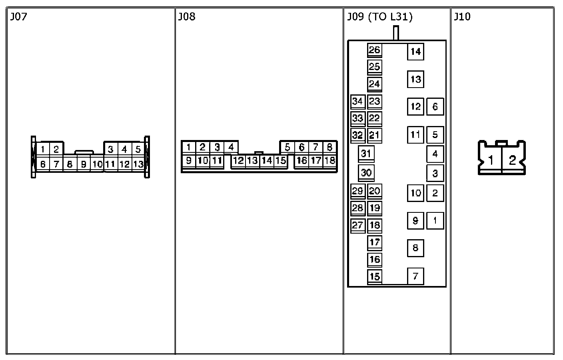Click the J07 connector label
pyautogui.click(x=18, y=17)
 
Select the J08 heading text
pyautogui.click(x=186, y=17)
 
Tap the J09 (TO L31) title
pyautogui.click(x=379, y=17)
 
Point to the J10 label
pyautogui.click(x=462, y=17)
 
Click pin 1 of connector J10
pyautogui.click(x=491, y=160)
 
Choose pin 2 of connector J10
pyautogui.click(x=512, y=160)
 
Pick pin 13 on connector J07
pyautogui.click(x=138, y=164)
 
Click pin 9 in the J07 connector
pyautogui.click(x=84, y=164)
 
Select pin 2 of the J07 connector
pyautogui.click(x=56, y=150)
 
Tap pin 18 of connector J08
pyautogui.click(x=329, y=161)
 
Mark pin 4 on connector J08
pyautogui.click(x=231, y=147)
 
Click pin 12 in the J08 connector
pyautogui.click(x=238, y=161)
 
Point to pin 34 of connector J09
pyautogui.click(x=357, y=101)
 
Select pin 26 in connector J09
pyautogui.click(x=375, y=50)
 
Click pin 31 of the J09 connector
pyautogui.click(x=366, y=153)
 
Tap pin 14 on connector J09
pyautogui.click(x=415, y=52)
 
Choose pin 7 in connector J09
pyautogui.click(x=415, y=276)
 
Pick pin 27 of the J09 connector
pyautogui.click(x=357, y=225)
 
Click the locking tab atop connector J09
pyautogui.click(x=396, y=33)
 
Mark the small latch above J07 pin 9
pyautogui.click(x=84, y=152)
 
